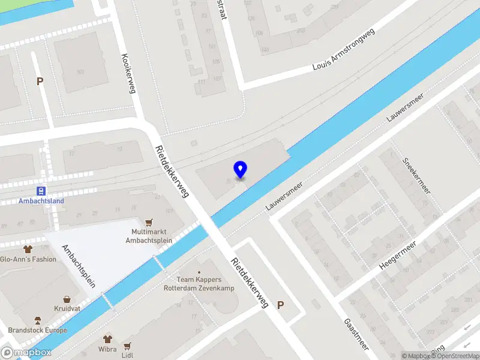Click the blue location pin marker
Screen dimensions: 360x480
coord(240,169)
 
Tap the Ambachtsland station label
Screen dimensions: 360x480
coord(41,201)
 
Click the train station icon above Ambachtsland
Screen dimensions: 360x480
coord(41,191)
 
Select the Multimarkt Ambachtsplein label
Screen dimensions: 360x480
coord(149,236)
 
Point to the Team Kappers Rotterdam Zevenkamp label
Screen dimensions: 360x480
coord(199,284)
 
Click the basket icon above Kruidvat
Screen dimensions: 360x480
coord(67,298)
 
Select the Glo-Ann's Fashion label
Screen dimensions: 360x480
coord(28,259)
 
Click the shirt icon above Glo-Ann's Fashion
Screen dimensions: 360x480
coord(28,248)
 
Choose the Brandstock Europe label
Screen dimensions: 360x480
coord(37,330)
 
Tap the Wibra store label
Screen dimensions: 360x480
coord(108,349)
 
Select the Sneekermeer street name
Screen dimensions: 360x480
coord(416,176)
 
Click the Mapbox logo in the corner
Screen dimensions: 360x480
coord(26,352)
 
